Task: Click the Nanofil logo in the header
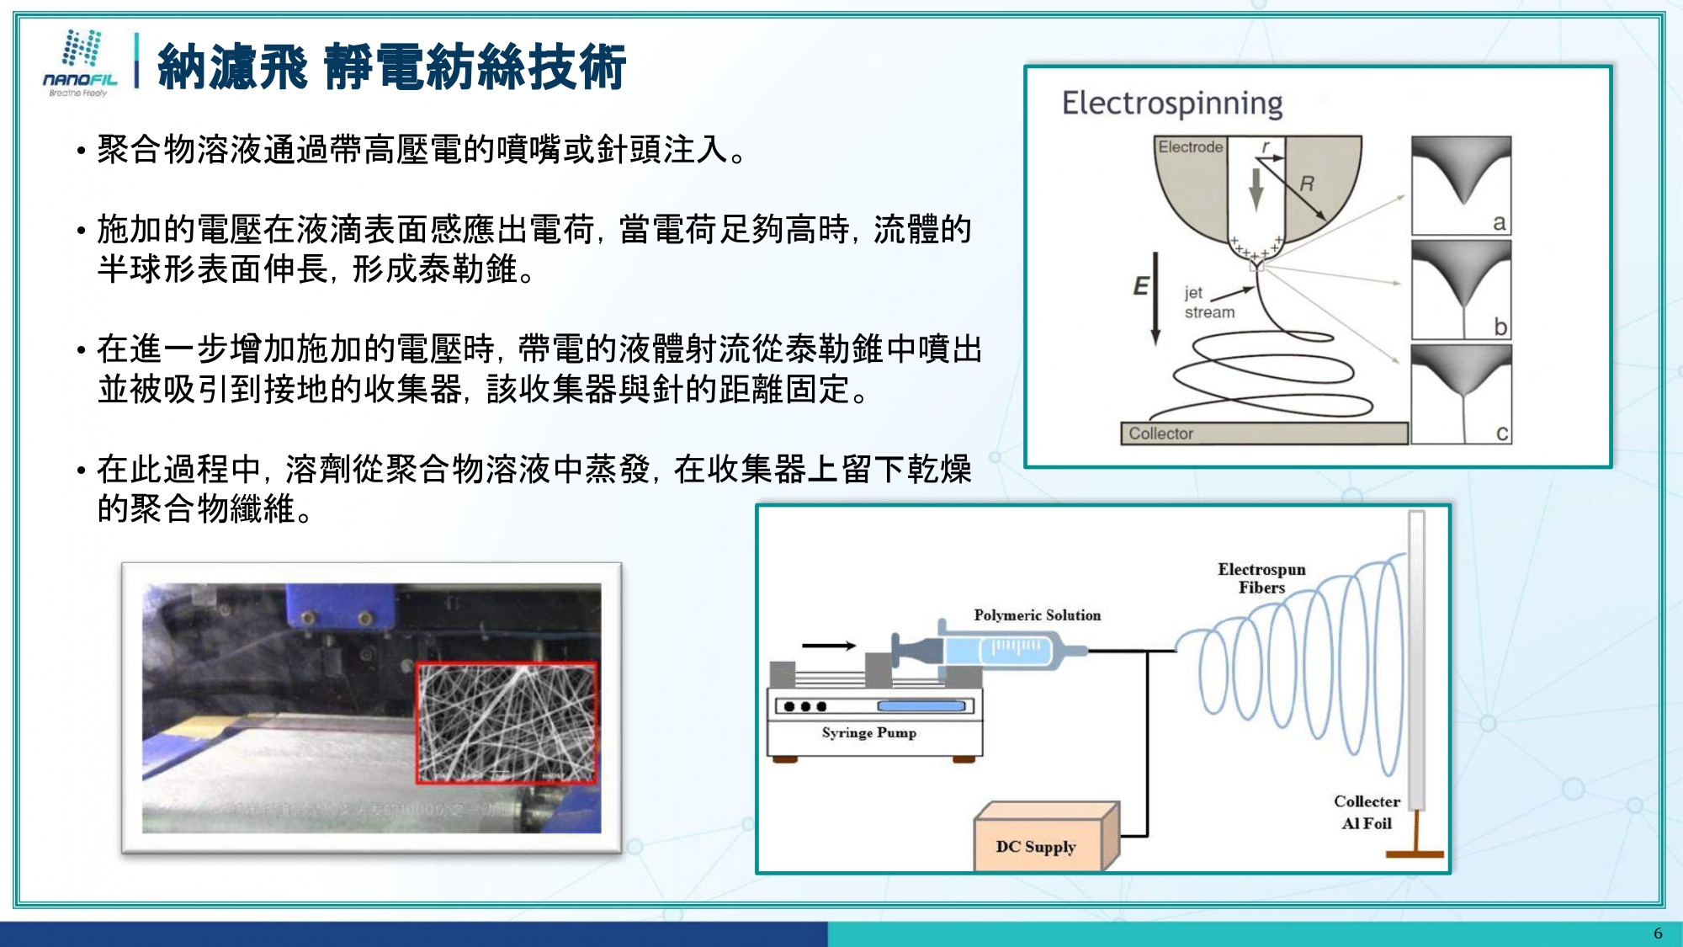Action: coord(81,63)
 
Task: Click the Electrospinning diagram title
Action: coord(1171,104)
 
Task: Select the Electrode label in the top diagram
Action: coord(1190,147)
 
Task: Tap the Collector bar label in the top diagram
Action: coord(1160,434)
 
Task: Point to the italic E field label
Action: coord(1140,286)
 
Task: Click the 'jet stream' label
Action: coord(1208,302)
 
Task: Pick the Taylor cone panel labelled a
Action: coord(1461,185)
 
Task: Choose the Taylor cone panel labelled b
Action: coord(1461,290)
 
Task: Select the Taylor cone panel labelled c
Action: coord(1461,394)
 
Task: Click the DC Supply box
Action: coord(1037,846)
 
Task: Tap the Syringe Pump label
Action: coord(868,732)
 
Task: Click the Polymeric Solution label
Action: coord(1037,615)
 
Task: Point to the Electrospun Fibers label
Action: coord(1261,578)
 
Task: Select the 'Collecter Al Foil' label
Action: coord(1367,812)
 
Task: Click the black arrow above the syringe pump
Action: coord(828,646)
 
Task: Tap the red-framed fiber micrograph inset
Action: coord(507,723)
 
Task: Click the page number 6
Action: coord(1658,934)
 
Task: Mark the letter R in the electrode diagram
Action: coord(1307,184)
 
